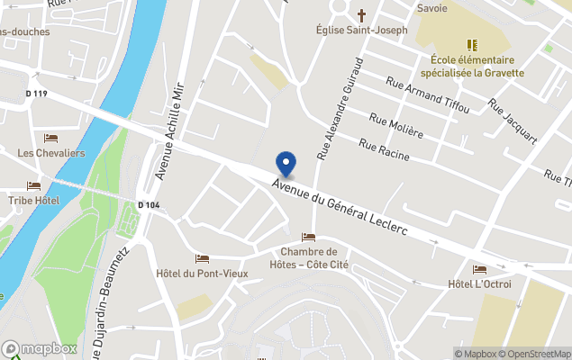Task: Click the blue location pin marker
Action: click(286, 164)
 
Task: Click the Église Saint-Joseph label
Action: click(362, 30)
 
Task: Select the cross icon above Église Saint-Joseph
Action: click(362, 14)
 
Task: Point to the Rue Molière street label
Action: click(396, 124)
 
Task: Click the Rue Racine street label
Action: click(384, 149)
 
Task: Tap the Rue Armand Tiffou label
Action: click(427, 95)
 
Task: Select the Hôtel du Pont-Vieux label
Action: click(202, 274)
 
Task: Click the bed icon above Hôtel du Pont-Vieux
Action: click(202, 259)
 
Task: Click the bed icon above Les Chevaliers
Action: click(50, 139)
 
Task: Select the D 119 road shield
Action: click(36, 93)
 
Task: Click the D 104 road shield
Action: click(150, 205)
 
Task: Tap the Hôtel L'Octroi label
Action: click(478, 284)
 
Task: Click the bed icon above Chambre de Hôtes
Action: click(309, 238)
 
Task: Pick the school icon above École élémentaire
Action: click(470, 44)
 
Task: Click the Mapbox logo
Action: click(40, 348)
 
